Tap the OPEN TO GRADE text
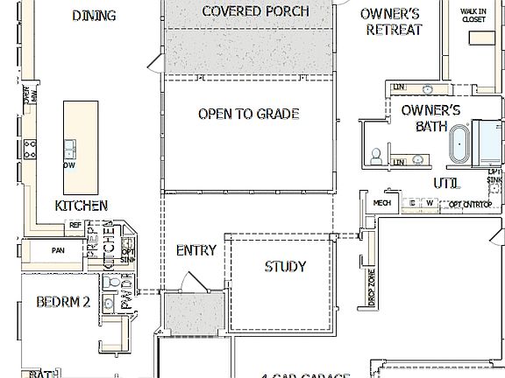tap(248, 114)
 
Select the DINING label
tap(94, 15)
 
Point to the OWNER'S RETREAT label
tap(391, 22)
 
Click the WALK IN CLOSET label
tap(474, 17)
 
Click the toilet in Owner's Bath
tap(375, 155)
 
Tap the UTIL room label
tap(445, 183)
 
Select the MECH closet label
tap(381, 203)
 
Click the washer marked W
tap(430, 203)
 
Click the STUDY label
tap(285, 266)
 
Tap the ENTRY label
tap(196, 250)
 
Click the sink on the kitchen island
tap(69, 145)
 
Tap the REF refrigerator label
tap(75, 225)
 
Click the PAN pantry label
tap(58, 250)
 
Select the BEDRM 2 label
tap(63, 303)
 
